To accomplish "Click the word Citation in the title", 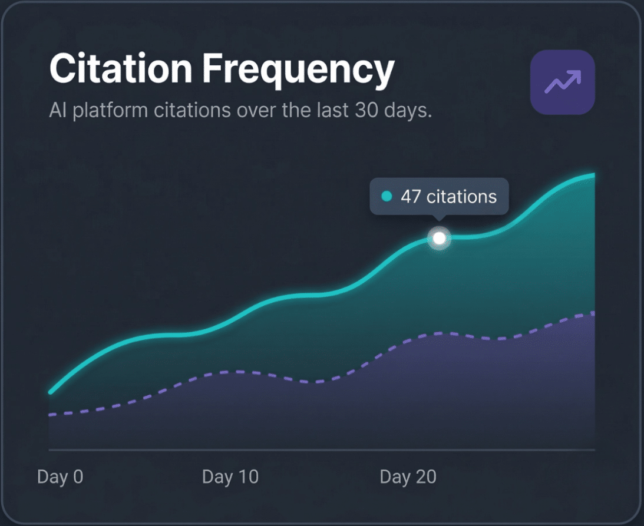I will coord(121,70).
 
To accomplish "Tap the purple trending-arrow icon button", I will coord(562,82).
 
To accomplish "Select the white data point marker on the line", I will coord(439,239).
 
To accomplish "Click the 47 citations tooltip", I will coord(439,196).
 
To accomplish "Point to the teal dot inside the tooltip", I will coord(387,197).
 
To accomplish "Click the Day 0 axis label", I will coord(60,477).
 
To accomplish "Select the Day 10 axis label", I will coord(230,477).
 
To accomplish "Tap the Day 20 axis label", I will coord(408,477).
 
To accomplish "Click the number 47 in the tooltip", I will coord(411,196).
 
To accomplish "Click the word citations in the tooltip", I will coord(461,196).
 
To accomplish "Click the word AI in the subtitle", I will coord(58,111).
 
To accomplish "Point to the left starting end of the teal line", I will coord(51,392).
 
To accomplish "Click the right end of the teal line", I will coord(593,175).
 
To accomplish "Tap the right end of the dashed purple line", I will coord(593,313).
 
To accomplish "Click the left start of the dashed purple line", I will coord(51,415).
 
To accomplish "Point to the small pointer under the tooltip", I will coord(439,219).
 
